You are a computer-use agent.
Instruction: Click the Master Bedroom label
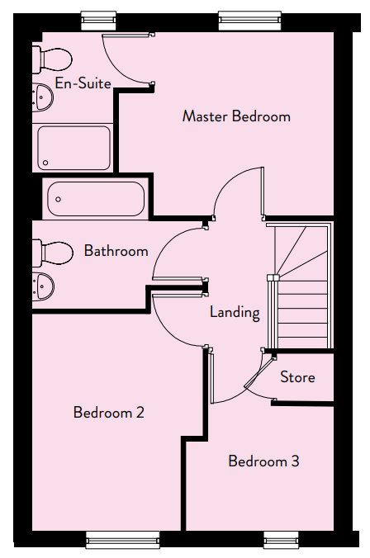(236, 116)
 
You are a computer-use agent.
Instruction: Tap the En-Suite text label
(83, 83)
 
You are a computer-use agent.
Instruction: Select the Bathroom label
(116, 251)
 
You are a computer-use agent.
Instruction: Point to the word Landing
(235, 313)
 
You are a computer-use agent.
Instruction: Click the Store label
(297, 377)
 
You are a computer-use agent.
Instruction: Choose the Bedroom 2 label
(109, 413)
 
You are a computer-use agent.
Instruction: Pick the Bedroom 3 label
(263, 461)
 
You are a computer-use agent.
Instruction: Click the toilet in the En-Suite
(52, 59)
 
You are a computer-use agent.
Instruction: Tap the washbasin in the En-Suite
(43, 97)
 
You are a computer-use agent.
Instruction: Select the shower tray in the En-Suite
(74, 148)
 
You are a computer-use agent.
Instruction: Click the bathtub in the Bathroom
(96, 199)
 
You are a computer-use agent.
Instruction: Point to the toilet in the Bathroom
(53, 253)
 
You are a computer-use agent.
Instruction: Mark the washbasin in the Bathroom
(43, 286)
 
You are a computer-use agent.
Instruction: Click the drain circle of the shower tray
(45, 163)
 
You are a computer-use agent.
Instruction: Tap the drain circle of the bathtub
(58, 199)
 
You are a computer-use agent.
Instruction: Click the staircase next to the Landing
(300, 286)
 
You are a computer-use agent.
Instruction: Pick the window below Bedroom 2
(123, 540)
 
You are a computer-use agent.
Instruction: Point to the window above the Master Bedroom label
(250, 21)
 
